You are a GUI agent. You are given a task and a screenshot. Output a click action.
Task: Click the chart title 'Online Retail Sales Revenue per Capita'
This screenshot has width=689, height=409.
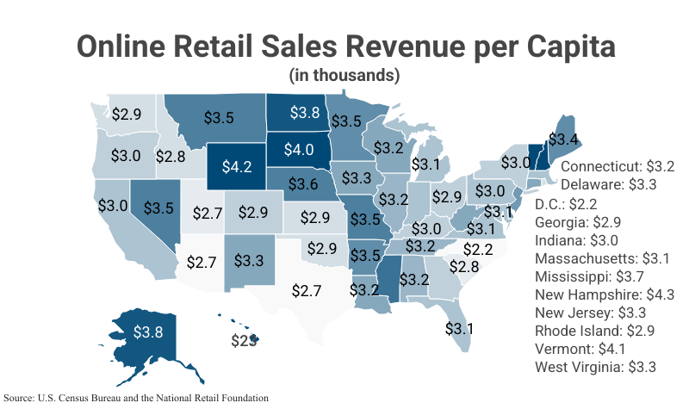coord(344,46)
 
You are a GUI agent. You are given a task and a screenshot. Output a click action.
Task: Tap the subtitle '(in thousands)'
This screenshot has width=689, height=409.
coord(344,75)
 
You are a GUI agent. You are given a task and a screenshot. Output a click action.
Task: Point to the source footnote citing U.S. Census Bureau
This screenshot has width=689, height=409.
coord(135,398)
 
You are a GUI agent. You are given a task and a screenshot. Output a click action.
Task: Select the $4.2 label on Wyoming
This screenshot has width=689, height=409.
coord(236,166)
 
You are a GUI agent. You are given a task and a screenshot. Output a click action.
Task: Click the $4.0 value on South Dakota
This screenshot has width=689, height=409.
coord(298,149)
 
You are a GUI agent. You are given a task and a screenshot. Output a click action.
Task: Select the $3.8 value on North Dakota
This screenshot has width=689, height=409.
coord(304,112)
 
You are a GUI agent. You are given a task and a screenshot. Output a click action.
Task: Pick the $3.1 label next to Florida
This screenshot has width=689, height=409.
coord(459,328)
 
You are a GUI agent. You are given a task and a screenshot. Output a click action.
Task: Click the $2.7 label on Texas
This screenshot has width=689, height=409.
coord(306,290)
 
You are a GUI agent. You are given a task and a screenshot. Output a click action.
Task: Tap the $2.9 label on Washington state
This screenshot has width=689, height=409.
coord(127,114)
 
